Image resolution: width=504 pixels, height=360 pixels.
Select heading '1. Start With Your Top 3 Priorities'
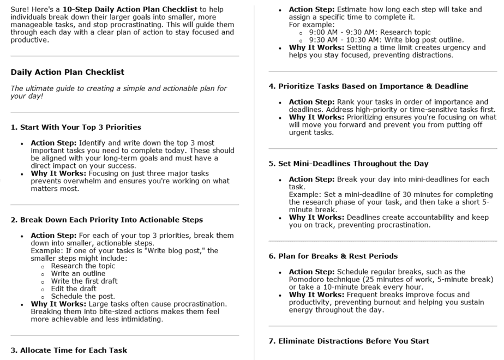76,127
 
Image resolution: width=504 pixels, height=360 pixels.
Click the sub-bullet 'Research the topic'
83,266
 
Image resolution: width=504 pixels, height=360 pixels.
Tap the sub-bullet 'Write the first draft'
84,281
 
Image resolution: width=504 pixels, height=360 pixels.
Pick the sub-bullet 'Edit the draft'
74,289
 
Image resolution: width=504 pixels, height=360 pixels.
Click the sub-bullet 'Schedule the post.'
81,296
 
